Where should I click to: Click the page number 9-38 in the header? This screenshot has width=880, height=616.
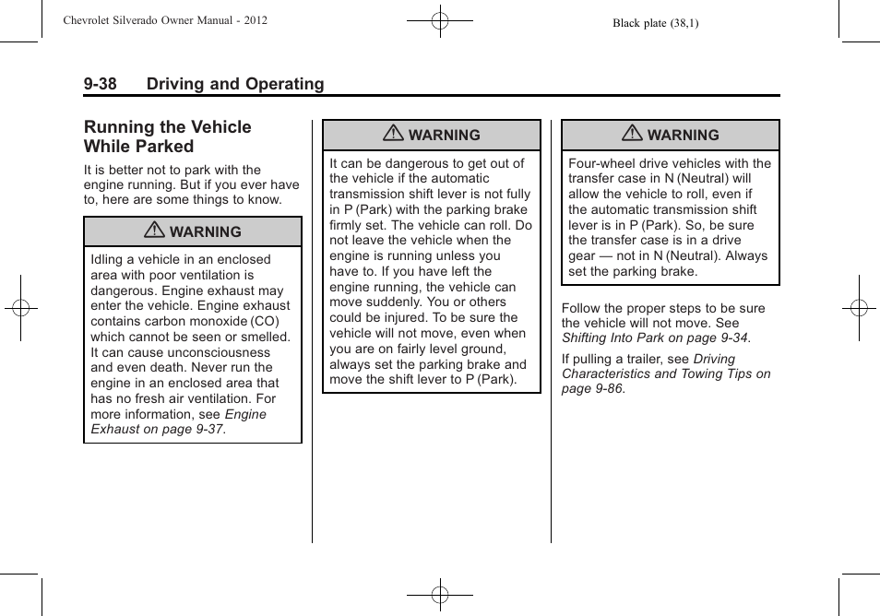[100, 84]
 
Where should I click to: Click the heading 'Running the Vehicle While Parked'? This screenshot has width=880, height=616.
[167, 136]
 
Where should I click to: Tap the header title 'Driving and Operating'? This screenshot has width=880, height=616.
[235, 84]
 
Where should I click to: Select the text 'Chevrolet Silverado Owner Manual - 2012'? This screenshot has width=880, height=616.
[166, 19]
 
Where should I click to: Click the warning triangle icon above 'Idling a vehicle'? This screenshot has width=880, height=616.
[157, 231]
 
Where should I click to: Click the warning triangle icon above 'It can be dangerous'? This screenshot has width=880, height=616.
[395, 135]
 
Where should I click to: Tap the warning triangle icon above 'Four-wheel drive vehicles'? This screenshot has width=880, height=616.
[633, 135]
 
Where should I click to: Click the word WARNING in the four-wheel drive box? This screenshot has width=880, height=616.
[683, 136]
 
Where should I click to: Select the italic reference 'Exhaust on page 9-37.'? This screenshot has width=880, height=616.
[159, 430]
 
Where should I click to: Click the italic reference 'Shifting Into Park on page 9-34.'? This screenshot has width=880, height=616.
[656, 338]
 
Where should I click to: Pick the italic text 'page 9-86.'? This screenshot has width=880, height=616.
[593, 389]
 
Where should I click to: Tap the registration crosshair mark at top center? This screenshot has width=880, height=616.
[439, 19]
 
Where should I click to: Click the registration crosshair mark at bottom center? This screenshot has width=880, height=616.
[439, 595]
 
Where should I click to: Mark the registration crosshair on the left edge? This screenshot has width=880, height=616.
[20, 308]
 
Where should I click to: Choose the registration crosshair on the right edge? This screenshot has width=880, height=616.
[858, 308]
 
